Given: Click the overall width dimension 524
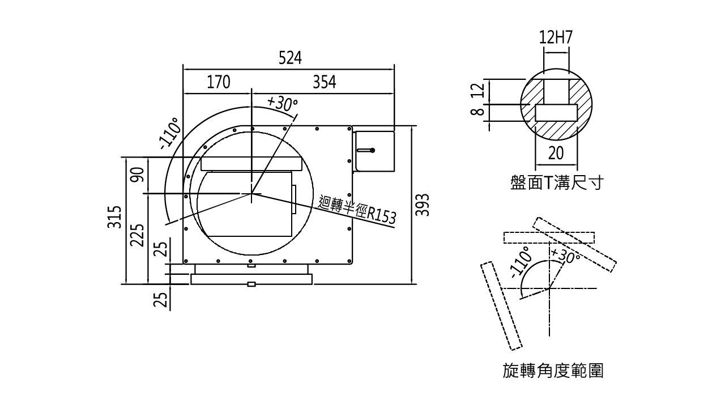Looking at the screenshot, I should coord(290,58).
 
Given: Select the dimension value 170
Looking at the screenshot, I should coord(218,82).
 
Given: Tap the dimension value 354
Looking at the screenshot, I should coord(325,82).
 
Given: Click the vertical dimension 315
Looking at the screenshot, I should coord(115,217).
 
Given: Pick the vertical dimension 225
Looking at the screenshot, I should coord(137,235).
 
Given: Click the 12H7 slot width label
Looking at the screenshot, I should coord(556,37).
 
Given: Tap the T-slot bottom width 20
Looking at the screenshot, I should coord(556,152).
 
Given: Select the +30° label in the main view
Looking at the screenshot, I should coord(282,103).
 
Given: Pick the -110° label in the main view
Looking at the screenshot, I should coord(170,134).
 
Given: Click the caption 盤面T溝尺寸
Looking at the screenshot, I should coord(556,184).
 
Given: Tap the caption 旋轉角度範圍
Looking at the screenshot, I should coord(553,371).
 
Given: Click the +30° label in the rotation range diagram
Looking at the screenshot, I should coord(565,256).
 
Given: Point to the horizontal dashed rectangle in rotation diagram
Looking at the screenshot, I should coord(548,238).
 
